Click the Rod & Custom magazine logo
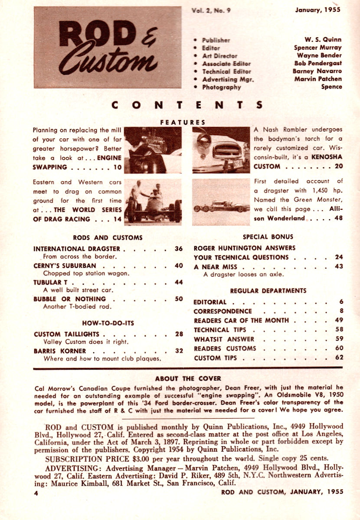tap(108, 47)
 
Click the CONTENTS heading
tap(187, 105)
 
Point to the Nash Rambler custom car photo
tap(221, 149)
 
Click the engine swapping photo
tap(153, 149)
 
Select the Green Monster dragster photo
tap(221, 201)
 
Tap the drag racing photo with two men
tap(153, 201)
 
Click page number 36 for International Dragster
tap(179, 249)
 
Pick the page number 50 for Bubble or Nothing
tap(179, 299)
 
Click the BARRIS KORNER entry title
tap(59, 351)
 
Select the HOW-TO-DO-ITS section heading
tap(108, 322)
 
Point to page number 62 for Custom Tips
tap(339, 357)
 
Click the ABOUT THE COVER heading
tap(188, 378)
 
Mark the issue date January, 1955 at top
tap(318, 10)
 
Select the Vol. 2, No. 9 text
tap(210, 10)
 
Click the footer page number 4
tap(36, 492)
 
